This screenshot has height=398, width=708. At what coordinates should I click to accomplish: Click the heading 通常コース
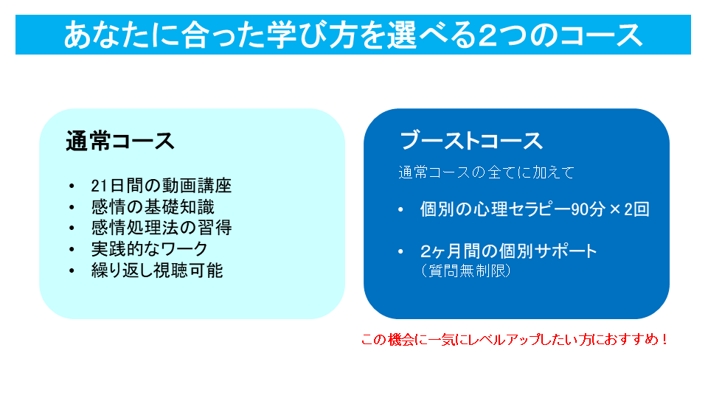120,141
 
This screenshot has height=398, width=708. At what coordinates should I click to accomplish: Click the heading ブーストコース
471,141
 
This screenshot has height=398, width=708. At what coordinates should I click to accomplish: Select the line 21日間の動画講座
162,186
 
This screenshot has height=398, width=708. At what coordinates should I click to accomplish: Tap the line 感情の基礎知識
153,206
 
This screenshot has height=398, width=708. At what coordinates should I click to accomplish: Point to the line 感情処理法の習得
162,228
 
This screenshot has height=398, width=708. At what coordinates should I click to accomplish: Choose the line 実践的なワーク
149,248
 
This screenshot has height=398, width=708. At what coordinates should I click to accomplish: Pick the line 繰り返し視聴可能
156,270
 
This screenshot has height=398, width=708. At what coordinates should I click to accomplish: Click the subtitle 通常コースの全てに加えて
486,172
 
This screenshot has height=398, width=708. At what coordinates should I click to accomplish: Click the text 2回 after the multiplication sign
636,209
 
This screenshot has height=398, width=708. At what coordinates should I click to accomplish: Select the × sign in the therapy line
614,209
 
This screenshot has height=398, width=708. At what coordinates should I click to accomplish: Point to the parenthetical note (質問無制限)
465,270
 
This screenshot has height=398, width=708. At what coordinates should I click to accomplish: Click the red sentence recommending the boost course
514,339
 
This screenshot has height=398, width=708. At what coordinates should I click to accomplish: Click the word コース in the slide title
600,35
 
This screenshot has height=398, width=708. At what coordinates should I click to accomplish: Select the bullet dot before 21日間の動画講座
72,186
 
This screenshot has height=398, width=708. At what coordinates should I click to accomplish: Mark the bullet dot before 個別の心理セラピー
400,209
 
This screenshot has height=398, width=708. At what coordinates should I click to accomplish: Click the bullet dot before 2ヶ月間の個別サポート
400,251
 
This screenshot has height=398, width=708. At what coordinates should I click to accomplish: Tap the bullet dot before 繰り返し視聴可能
72,270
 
